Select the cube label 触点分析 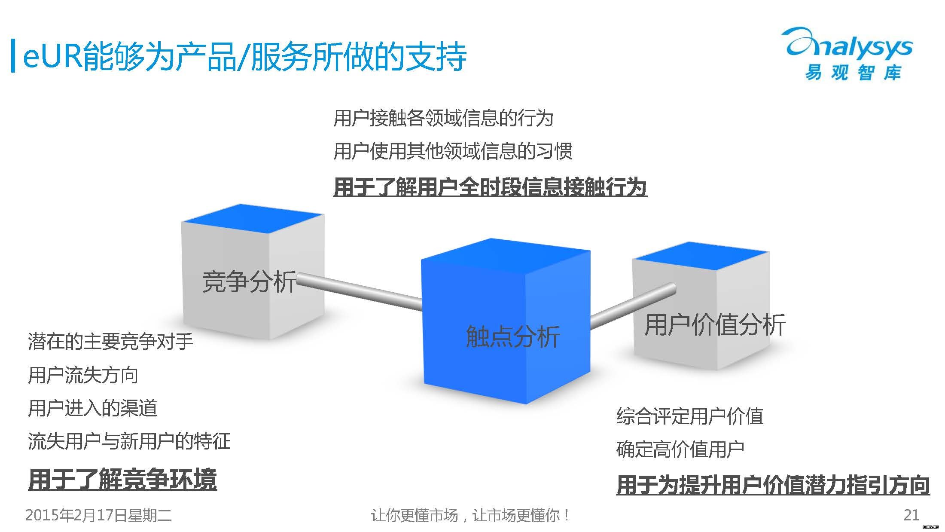[x=513, y=336]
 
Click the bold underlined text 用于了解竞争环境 [x=122, y=480]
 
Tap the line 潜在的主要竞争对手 [x=111, y=342]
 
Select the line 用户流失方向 [x=83, y=375]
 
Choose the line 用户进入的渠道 [x=92, y=408]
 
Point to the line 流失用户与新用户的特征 [x=129, y=441]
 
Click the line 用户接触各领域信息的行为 [x=443, y=118]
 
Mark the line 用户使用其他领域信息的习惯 [x=453, y=151]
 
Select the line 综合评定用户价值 [x=690, y=416]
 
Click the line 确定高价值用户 [x=680, y=449]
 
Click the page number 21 [x=911, y=515]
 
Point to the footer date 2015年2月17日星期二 [x=98, y=515]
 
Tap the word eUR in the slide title [x=51, y=56]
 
